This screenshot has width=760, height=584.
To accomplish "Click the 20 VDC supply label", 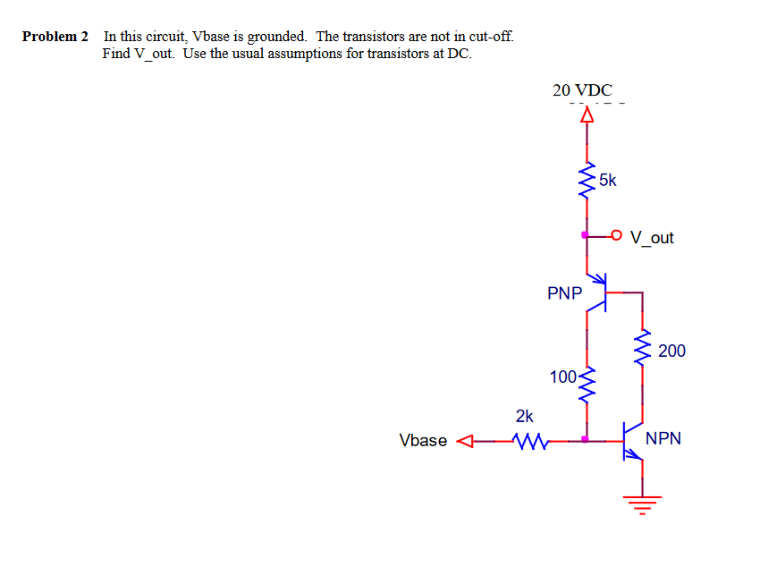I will [582, 90].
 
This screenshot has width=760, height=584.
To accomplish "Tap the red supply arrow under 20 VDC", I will [587, 114].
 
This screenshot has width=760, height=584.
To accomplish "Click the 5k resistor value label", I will [608, 180].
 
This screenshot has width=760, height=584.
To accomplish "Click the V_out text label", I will [652, 238].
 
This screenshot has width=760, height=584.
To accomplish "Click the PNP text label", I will [564, 292].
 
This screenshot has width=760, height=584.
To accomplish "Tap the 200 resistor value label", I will [671, 351].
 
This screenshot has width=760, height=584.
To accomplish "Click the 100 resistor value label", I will [563, 377].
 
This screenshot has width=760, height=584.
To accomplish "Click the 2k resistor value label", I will [525, 416].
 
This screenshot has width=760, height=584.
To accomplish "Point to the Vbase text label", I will [423, 440].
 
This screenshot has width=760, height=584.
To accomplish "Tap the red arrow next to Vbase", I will [464, 440].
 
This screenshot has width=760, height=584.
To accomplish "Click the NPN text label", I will [663, 438].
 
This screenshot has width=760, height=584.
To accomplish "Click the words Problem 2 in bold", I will [55, 37].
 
